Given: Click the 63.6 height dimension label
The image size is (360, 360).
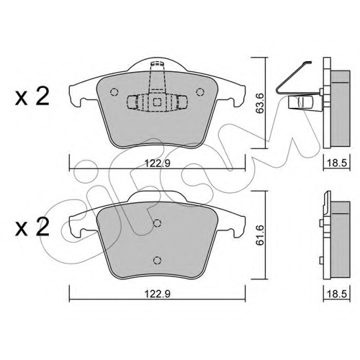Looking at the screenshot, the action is pos(259,103).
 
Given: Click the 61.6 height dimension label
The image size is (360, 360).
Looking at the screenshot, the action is pos(259,235).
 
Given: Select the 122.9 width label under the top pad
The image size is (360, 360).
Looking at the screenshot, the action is pos(158,163).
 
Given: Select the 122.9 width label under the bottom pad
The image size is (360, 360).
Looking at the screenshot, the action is pos(158,294).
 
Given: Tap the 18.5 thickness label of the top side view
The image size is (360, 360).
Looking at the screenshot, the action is pos(337,163).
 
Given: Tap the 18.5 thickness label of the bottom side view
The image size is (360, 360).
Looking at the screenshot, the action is pos(337,294).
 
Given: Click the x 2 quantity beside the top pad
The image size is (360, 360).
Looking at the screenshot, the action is pos(32,96).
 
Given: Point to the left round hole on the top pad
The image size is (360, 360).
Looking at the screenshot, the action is pos(114,92).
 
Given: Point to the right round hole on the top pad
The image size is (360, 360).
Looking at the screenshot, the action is pos(200,92).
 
